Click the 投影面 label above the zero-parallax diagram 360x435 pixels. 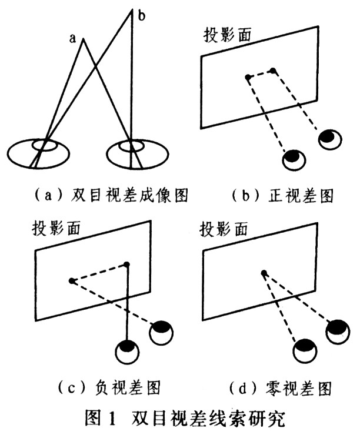224,228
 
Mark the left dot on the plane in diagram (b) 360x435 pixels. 248,77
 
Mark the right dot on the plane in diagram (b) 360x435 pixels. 273,72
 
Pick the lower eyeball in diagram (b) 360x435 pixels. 293,158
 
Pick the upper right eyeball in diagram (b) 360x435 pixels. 328,138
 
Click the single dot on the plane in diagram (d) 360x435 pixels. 264,272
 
